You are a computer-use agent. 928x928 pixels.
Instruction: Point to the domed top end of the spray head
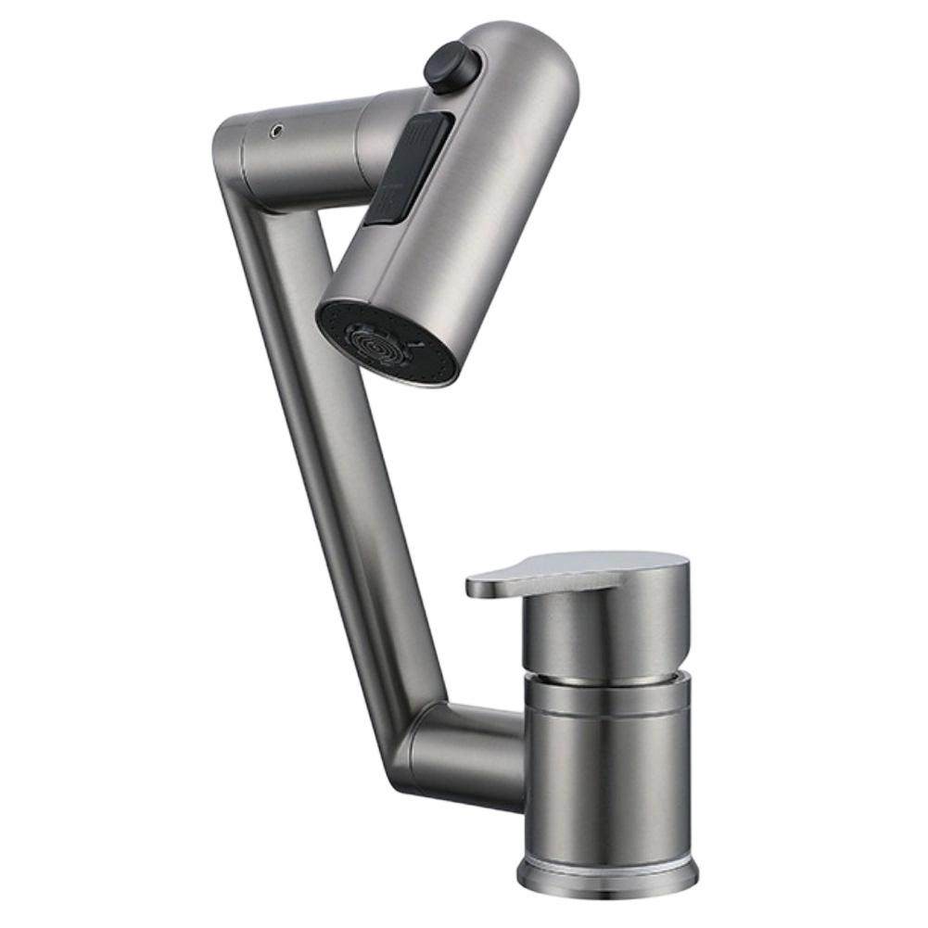coord(533,56)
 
